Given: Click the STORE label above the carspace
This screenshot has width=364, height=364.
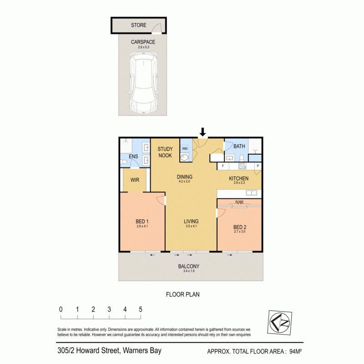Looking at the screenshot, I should [138, 25].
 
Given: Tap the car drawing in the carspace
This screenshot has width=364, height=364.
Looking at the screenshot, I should [143, 84].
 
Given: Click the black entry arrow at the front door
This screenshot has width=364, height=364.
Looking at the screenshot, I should [203, 132].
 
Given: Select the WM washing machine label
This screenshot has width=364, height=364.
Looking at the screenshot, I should [185, 148].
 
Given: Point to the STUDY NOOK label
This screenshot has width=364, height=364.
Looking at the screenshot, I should [165, 152].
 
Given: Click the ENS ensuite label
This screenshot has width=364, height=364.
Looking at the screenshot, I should [133, 157].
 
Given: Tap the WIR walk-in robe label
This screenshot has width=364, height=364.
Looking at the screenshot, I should [135, 180].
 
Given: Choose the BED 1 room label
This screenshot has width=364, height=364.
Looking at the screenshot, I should [142, 222].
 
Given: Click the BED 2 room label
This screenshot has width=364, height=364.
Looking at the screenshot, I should [240, 227].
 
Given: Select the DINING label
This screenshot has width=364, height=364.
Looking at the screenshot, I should [185, 177].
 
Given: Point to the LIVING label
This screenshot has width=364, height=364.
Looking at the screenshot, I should [191, 222].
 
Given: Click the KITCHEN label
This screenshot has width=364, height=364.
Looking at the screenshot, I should [238, 178].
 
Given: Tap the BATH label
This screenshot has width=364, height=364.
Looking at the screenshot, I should [239, 147].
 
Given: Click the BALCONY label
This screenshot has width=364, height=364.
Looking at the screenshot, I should [189, 267].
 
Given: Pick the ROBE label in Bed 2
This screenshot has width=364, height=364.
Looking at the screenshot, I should [239, 202].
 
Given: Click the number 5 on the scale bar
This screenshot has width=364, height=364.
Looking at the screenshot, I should [141, 309].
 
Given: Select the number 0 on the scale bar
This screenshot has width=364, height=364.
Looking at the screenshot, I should [61, 309].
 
